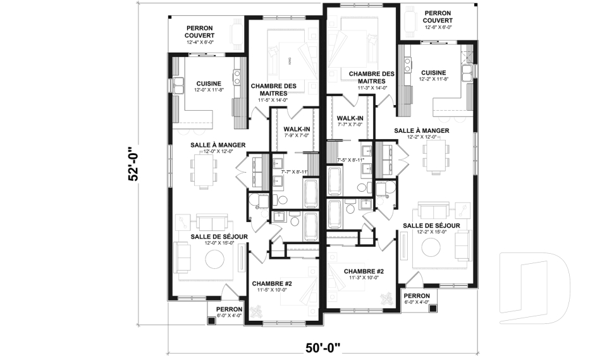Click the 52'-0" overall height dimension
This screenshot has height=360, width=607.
[133, 163]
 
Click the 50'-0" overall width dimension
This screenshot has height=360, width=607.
[323, 347]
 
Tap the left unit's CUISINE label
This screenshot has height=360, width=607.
[209, 84]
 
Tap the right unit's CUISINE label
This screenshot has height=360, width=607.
[433, 73]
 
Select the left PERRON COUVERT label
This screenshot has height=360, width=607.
[199, 32]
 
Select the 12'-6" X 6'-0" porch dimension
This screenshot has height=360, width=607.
[438, 27]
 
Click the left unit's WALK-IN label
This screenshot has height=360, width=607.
[297, 129]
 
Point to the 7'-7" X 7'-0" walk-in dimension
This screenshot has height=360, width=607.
[350, 125]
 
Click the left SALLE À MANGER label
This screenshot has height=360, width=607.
[218, 145]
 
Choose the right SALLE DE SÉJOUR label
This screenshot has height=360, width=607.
[431, 225]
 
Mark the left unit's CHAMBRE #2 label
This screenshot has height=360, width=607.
[272, 283]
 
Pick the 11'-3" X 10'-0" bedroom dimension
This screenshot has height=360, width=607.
[364, 278]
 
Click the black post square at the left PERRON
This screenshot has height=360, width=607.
[211, 321]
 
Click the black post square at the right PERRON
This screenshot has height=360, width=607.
[433, 308]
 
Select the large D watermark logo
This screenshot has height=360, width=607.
[535, 287]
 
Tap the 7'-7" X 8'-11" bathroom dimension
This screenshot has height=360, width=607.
[294, 171]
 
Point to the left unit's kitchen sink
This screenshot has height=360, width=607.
[178, 86]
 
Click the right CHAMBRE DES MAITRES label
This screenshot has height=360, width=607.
[372, 77]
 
